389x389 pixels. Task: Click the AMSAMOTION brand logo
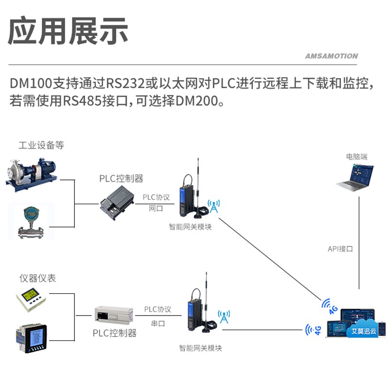[331, 56]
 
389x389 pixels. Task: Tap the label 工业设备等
[41, 145]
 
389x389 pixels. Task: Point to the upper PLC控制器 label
[121, 178]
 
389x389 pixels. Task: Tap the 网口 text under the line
[156, 209]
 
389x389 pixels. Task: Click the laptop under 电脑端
[355, 177]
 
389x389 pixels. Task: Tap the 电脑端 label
[357, 157]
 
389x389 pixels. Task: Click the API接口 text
[340, 248]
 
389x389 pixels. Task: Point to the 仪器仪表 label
[37, 278]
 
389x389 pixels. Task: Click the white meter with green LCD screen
[31, 299]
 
